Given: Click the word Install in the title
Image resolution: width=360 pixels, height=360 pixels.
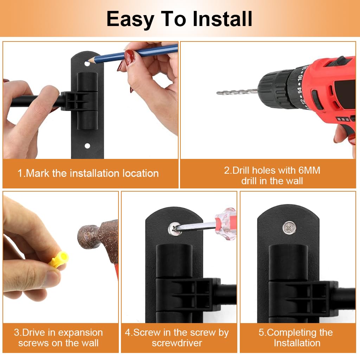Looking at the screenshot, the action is (x=222, y=19).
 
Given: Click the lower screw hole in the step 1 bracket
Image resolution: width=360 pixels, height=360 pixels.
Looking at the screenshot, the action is (x=87, y=146).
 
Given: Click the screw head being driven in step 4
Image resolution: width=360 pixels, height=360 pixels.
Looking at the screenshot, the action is (x=175, y=229).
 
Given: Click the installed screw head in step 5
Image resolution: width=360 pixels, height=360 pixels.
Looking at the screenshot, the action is (x=289, y=228).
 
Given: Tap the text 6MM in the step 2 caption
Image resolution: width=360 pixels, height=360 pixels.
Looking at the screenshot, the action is (x=309, y=171).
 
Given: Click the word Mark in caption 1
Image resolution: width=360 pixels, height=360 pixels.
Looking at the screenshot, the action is (x=38, y=173).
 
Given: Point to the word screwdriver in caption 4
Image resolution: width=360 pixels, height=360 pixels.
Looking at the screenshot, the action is (x=177, y=343).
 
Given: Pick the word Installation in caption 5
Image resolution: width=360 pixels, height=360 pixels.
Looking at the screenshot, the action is (x=297, y=343).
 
